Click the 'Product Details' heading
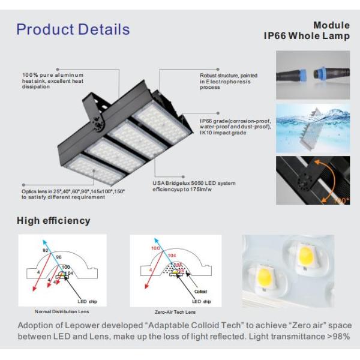[x=73, y=29]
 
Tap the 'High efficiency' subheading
[x=53, y=221]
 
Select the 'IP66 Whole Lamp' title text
[x=307, y=36]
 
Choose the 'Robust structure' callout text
[x=229, y=81]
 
